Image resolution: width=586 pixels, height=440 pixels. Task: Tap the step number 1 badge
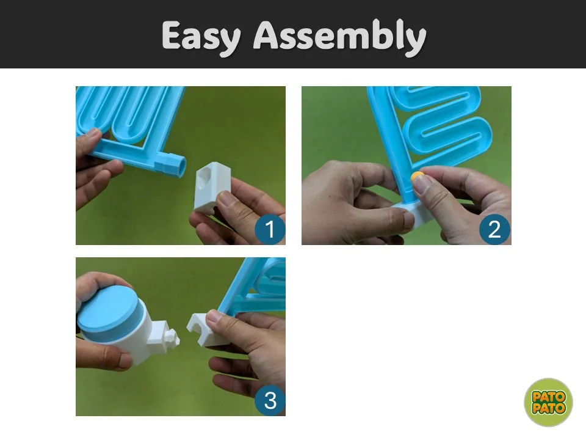tap(270, 229)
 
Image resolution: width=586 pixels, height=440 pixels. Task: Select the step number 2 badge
tap(494, 229)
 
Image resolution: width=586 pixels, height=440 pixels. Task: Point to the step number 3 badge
tap(270, 400)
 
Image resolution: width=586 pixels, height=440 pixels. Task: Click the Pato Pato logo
tap(548, 402)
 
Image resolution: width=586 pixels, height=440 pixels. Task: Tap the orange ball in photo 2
tap(417, 177)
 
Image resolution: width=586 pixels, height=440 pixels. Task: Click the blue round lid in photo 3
tap(109, 310)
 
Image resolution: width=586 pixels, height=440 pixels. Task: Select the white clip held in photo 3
tap(205, 329)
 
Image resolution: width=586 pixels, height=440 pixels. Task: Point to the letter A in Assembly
tap(267, 35)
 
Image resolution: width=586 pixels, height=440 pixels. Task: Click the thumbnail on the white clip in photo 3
tap(214, 317)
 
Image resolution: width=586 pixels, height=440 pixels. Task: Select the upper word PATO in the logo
tap(548, 397)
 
